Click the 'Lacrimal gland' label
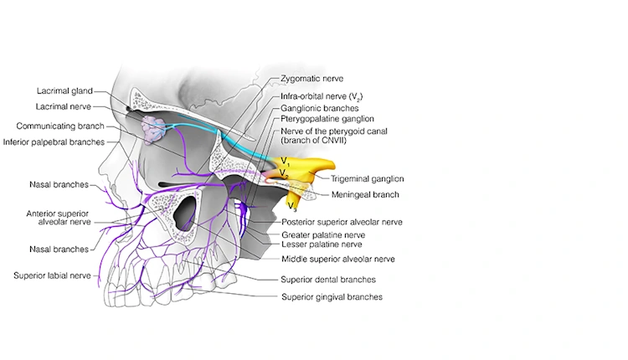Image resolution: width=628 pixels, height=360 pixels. [x=64, y=90]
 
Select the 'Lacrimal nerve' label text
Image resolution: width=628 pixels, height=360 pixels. [x=64, y=106]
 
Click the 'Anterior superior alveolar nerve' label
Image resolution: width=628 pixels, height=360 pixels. [x=52, y=218]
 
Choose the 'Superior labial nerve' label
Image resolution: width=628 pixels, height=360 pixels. [x=52, y=275]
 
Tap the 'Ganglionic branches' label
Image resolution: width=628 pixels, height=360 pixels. [x=320, y=108]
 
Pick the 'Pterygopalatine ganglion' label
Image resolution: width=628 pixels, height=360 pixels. [x=327, y=119]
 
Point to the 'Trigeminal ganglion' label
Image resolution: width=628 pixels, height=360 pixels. [x=367, y=178]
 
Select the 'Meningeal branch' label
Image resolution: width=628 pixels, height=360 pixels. [x=363, y=194]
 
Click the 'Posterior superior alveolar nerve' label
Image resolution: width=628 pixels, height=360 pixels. [x=342, y=222]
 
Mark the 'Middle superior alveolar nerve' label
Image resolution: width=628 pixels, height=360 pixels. [x=337, y=259]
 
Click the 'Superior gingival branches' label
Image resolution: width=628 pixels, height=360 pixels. [x=332, y=296]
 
